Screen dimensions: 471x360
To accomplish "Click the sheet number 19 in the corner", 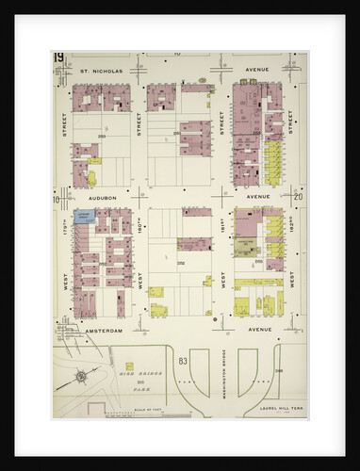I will [58, 59].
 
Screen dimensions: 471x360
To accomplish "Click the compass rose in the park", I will [81, 378].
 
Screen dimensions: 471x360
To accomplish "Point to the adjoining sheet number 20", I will [298, 197].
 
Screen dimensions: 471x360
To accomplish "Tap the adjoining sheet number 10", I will [57, 199].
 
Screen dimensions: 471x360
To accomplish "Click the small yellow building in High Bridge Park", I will [129, 365].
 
